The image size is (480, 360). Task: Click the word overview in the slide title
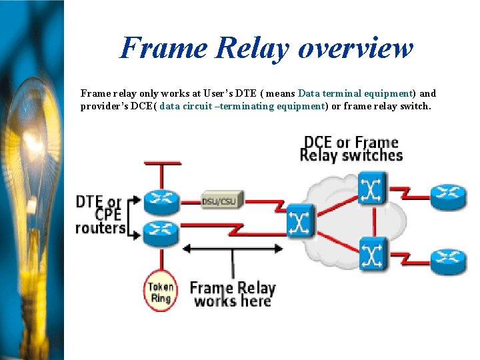355,48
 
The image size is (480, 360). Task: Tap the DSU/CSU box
222,200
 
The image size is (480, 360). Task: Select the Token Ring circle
161,292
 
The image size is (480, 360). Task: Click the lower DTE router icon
162,230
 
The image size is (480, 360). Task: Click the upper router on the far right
448,195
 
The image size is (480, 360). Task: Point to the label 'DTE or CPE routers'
101,215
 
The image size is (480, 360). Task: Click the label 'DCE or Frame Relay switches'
351,149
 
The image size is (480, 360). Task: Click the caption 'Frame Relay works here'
232,294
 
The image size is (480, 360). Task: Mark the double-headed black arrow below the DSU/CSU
233,249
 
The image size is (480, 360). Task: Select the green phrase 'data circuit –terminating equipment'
242,106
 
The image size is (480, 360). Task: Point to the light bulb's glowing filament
27,153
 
